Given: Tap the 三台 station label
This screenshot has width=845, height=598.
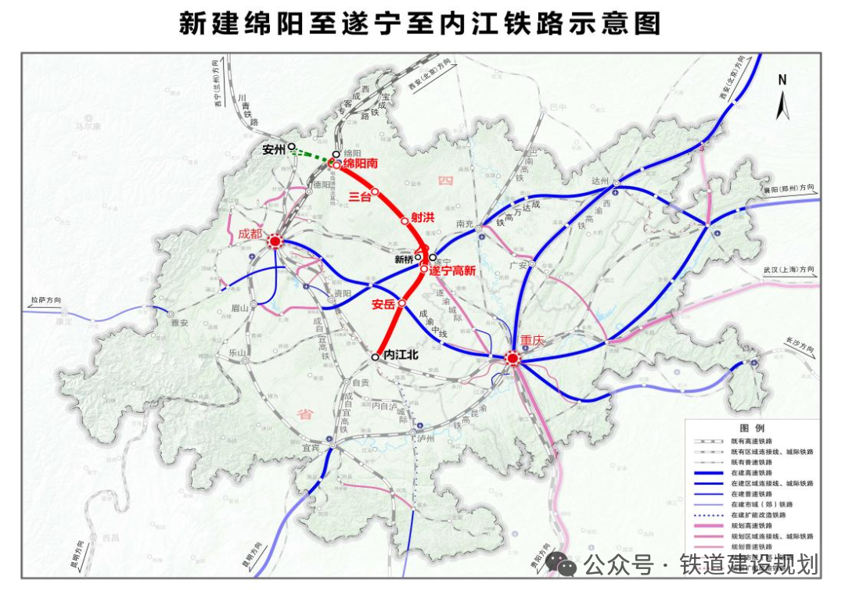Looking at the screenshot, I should (x=360, y=197).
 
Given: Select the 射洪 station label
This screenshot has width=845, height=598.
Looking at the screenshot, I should (x=422, y=218).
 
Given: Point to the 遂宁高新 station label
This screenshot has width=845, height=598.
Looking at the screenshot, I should (x=453, y=270).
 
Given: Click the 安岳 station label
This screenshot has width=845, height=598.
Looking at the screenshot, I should (x=383, y=304).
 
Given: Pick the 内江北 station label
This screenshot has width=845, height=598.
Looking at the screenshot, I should (x=401, y=355).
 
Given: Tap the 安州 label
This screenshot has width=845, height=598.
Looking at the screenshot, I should (x=274, y=149).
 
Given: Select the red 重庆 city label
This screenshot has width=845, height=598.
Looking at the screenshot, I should (x=532, y=340).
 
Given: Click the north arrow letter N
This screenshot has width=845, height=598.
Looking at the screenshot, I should (x=782, y=79).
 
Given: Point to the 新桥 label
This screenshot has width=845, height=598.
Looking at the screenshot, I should (x=404, y=259).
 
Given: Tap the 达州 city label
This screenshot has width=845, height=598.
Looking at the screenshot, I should (x=600, y=181).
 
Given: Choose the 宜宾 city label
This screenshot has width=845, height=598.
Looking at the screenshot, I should (x=311, y=448).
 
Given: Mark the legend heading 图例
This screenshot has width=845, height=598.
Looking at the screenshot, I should (x=751, y=429).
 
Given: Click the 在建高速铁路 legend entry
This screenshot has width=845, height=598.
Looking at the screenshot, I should (x=751, y=473).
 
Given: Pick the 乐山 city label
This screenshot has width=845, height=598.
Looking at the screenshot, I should (x=236, y=353).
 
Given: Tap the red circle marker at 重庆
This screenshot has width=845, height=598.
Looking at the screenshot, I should (x=512, y=359).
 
